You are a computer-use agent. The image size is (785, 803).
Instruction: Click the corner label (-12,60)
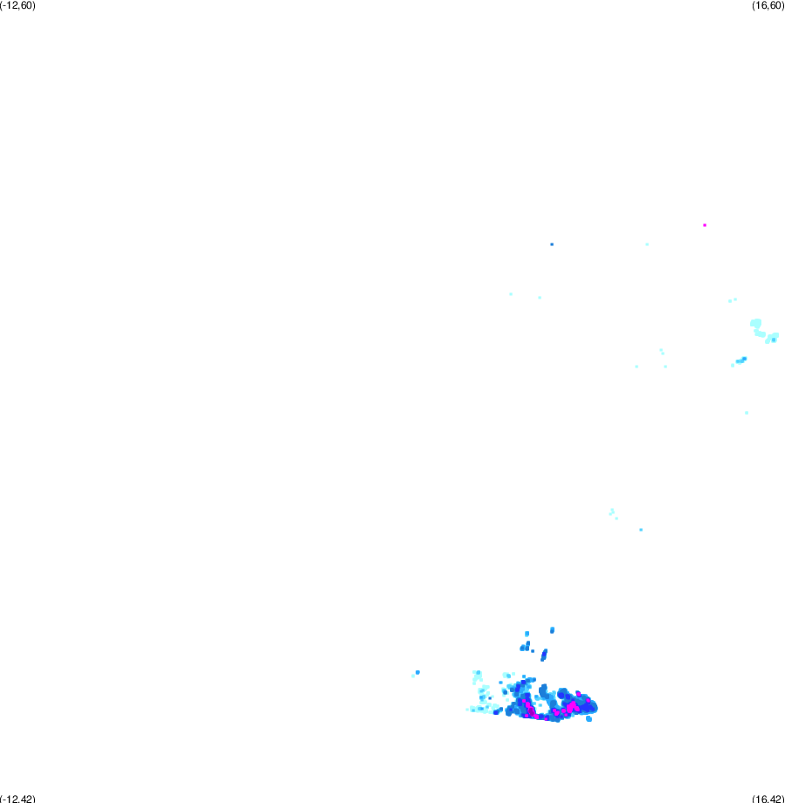pos(18,5)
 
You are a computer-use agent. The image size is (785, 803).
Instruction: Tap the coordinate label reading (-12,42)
pos(18,799)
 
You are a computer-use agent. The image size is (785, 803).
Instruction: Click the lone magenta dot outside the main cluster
pos(705,225)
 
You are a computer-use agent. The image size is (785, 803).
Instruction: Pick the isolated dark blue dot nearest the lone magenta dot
pos(552,244)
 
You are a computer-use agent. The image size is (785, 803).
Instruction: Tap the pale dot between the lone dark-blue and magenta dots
pos(647,244)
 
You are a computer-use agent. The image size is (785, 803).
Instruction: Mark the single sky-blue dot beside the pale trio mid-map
pos(641,530)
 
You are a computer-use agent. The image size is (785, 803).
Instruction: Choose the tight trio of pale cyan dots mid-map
pos(613,513)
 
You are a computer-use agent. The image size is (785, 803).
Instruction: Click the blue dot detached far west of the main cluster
pos(417,672)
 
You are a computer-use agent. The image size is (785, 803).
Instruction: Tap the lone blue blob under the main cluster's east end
pos(589,719)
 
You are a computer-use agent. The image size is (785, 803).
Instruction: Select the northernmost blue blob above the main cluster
pos(552,630)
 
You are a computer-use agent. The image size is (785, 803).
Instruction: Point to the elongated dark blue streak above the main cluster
pos(544,655)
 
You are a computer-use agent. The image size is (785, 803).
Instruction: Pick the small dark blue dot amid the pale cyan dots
pos(490,698)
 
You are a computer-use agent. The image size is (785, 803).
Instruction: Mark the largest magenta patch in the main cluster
pos(571,707)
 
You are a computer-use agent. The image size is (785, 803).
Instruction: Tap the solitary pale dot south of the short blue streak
pos(747,413)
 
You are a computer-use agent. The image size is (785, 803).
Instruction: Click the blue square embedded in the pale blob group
pos(774,340)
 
